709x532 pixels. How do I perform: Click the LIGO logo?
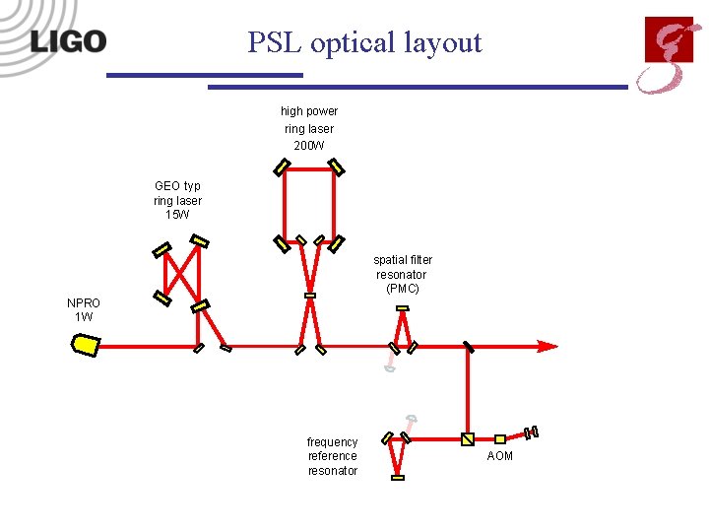pyautogui.click(x=68, y=41)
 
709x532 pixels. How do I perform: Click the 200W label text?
pyautogui.click(x=309, y=146)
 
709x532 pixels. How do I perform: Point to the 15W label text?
pyautogui.click(x=178, y=215)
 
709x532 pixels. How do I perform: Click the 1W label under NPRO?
pyautogui.click(x=84, y=317)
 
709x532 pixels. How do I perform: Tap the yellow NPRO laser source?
pyautogui.click(x=86, y=345)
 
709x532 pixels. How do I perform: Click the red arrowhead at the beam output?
pyautogui.click(x=548, y=347)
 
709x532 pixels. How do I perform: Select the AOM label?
pyautogui.click(x=500, y=456)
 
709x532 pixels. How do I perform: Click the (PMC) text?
pyautogui.click(x=402, y=289)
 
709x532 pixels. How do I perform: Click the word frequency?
pyautogui.click(x=333, y=442)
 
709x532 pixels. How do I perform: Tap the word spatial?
pyautogui.click(x=390, y=260)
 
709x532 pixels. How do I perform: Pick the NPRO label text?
pyautogui.click(x=84, y=303)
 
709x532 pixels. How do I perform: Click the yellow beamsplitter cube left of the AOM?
pyautogui.click(x=468, y=438)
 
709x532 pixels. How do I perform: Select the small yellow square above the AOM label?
pyautogui.click(x=499, y=438)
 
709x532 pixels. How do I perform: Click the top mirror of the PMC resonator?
pyautogui.click(x=402, y=309)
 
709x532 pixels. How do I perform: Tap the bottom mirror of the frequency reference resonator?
pyautogui.click(x=397, y=477)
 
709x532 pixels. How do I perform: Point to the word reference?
pyautogui.click(x=333, y=456)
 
